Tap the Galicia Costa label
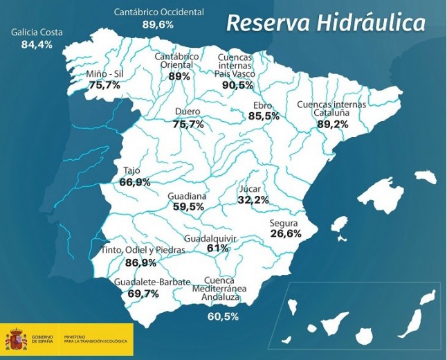(x=37, y=33)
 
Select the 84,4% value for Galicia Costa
(x=37, y=45)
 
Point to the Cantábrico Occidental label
(x=158, y=12)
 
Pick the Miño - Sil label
(x=105, y=73)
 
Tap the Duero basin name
(x=188, y=111)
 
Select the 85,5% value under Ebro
(x=264, y=116)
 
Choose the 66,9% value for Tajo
(x=135, y=182)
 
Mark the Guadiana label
(x=187, y=196)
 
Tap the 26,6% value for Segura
(x=286, y=234)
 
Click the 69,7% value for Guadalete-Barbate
(x=143, y=294)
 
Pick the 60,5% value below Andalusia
(x=223, y=316)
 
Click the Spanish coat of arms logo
(x=16, y=341)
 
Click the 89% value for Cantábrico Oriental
(x=179, y=77)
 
